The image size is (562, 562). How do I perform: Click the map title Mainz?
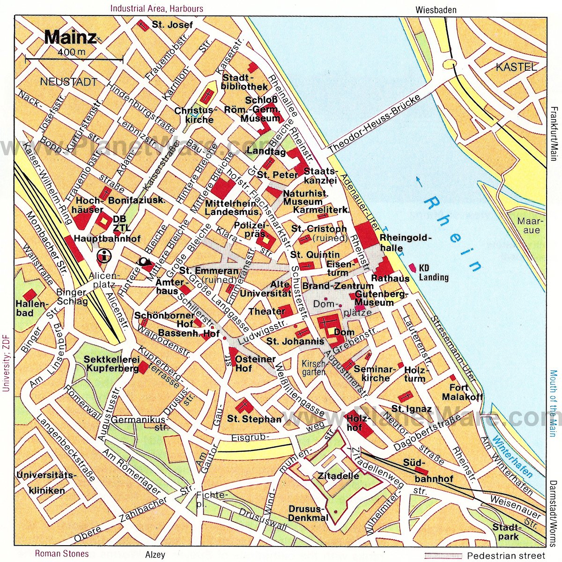coord(70,37)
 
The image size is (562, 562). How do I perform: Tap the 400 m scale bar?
coord(74,59)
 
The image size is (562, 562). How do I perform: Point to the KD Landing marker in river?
coord(412,267)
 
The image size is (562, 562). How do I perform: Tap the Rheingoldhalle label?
coord(404,243)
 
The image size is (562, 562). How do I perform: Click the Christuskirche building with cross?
coord(207,96)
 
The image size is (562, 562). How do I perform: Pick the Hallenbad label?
coord(31,308)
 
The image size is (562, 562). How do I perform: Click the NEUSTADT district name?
coord(68,82)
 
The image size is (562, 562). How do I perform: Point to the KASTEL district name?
coord(516,67)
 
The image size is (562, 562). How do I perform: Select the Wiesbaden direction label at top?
coord(436,10)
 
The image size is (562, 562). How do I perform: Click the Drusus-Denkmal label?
coord(308,513)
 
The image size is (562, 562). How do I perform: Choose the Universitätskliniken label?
coord(46,483)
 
